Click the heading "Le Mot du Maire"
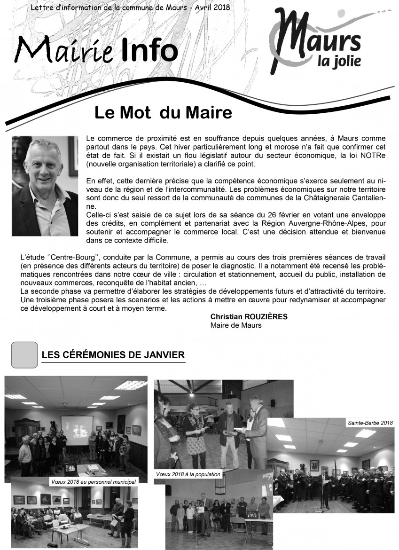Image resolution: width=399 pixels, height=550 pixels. pyautogui.click(x=163, y=113)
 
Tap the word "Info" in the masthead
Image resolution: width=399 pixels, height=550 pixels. pyautogui.click(x=149, y=50)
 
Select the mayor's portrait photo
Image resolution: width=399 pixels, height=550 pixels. pyautogui.click(x=45, y=186)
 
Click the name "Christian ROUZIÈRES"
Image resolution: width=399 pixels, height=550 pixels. pyautogui.click(x=249, y=317)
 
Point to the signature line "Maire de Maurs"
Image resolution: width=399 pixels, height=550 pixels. pyautogui.click(x=236, y=325)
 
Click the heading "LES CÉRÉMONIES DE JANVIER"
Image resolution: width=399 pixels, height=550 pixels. pyautogui.click(x=113, y=355)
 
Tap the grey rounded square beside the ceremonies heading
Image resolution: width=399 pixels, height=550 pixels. pyautogui.click(x=24, y=354)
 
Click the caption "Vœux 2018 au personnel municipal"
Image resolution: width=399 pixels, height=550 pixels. pyautogui.click(x=93, y=482)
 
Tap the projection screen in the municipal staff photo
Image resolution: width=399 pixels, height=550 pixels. pyautogui.click(x=77, y=429)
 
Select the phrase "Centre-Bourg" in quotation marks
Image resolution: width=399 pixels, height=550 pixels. pyautogui.click(x=72, y=258)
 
